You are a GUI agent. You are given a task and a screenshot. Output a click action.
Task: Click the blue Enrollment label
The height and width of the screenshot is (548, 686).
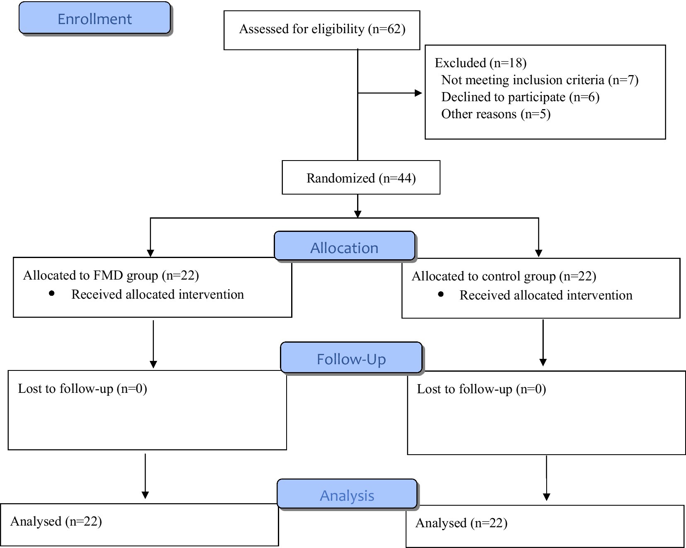click(x=95, y=18)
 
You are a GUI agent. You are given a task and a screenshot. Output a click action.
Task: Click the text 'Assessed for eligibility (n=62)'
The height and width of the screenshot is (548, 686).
click(x=322, y=29)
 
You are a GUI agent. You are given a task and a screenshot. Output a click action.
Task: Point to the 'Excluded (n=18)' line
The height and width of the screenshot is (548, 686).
click(x=481, y=63)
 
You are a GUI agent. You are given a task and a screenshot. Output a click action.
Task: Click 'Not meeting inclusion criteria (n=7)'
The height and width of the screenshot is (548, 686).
click(x=540, y=80)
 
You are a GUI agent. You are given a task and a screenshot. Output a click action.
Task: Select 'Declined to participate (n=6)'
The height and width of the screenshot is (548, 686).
click(x=520, y=97)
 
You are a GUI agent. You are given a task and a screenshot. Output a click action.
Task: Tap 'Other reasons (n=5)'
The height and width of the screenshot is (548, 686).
click(x=496, y=114)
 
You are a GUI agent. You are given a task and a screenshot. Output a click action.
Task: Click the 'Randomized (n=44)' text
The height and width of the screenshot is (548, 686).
click(x=361, y=178)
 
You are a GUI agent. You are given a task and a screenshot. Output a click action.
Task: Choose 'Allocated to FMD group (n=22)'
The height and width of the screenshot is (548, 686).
click(x=111, y=275)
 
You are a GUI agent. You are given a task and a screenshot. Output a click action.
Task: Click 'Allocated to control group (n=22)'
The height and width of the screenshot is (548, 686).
click(x=504, y=276)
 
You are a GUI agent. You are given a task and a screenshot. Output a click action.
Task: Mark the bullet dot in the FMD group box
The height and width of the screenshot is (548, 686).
click(x=52, y=293)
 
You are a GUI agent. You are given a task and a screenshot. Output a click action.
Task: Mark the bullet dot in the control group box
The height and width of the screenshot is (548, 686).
click(x=440, y=294)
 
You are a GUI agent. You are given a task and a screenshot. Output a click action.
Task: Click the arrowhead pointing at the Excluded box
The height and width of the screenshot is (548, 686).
click(x=418, y=93)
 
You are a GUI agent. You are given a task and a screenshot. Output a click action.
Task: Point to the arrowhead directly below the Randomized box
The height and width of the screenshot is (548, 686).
click(x=358, y=214)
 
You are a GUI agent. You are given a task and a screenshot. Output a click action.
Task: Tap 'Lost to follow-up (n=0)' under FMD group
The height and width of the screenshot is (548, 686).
click(x=83, y=389)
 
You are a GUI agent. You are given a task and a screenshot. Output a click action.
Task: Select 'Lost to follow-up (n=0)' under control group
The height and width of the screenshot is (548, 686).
click(x=481, y=389)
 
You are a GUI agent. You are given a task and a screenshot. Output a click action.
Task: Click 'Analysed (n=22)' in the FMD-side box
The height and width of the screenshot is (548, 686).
click(x=56, y=521)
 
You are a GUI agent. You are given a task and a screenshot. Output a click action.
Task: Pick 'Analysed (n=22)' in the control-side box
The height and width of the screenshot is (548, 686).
click(x=461, y=523)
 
